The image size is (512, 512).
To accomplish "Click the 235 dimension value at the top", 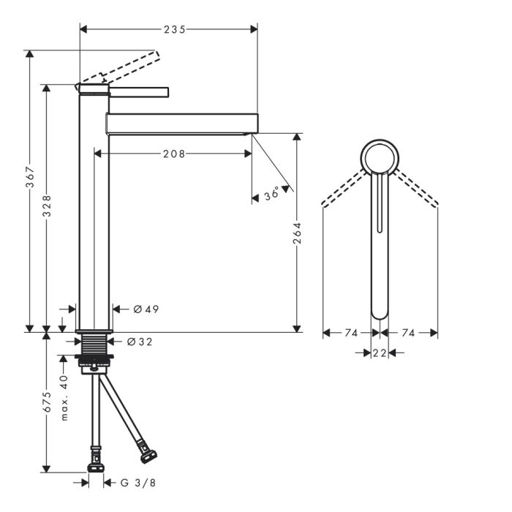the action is tap(175, 30).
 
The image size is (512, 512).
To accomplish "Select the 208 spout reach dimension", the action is tap(174, 154).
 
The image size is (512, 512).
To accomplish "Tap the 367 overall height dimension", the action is tap(30, 177).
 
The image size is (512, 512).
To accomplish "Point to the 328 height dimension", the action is tap(47, 206).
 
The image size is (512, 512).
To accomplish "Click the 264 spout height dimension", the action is tap(297, 233).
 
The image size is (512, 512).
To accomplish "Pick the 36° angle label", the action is tap(271, 194).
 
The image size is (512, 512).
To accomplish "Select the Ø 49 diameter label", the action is tap(146, 309).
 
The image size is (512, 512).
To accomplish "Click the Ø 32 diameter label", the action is tap(140, 342).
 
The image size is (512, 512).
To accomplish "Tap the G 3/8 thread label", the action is tap(138, 483).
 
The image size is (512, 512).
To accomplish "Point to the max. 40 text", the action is tap(64, 397).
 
